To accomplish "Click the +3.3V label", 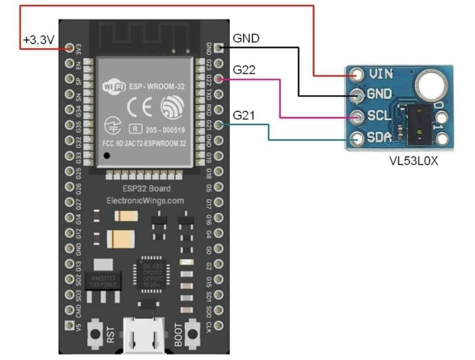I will (39, 41).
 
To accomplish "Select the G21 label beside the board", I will (244, 116).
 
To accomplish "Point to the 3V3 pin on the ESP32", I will (69, 48).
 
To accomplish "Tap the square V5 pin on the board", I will (69, 325).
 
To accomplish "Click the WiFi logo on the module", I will (112, 86).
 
